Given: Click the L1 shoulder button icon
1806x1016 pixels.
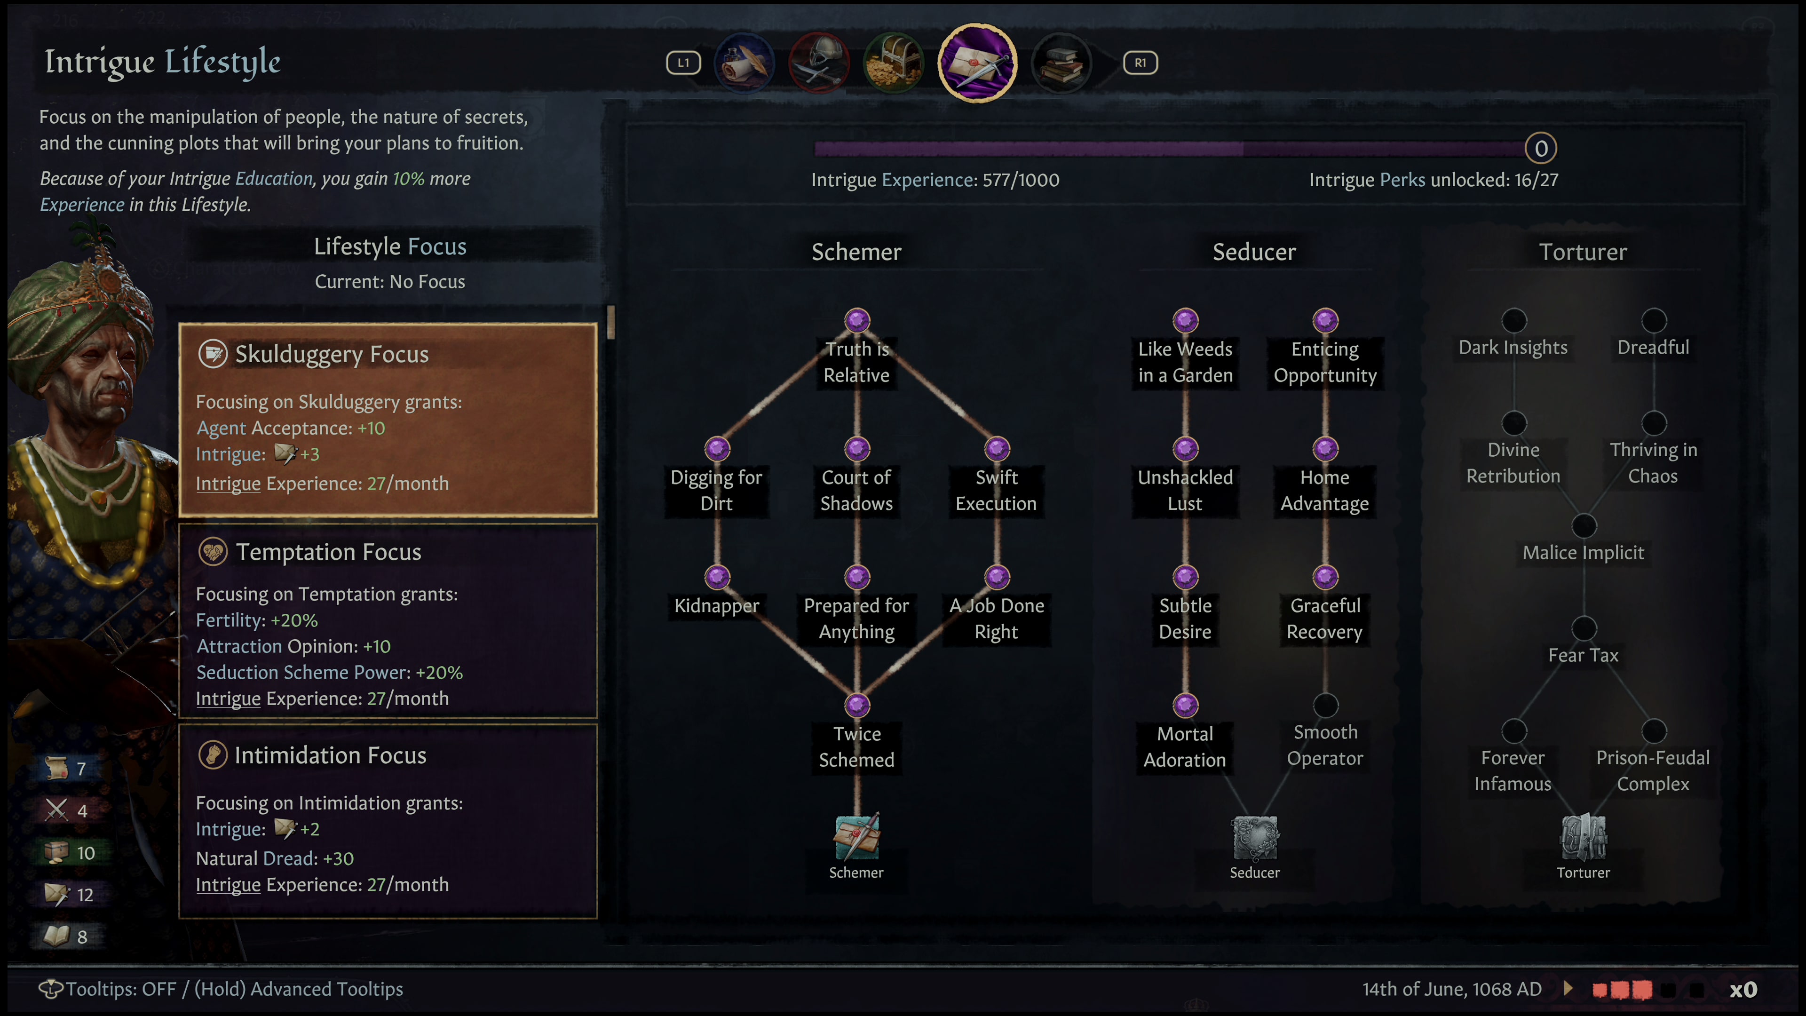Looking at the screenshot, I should [x=683, y=63].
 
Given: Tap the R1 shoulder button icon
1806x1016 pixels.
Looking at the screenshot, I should [x=1140, y=63].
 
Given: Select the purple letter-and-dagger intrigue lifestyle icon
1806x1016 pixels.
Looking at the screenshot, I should [x=977, y=63].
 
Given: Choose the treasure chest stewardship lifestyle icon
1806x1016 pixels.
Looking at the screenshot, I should [x=893, y=63].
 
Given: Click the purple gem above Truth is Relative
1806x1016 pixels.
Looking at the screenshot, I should [x=857, y=320].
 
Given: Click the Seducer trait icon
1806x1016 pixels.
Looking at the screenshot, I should [x=1255, y=837].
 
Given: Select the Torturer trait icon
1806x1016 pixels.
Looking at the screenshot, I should [x=1583, y=837].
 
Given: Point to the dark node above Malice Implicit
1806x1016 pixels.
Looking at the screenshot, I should [x=1584, y=526].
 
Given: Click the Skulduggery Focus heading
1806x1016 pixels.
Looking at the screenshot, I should [x=332, y=354].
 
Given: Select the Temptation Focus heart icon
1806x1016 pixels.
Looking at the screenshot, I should [x=213, y=553].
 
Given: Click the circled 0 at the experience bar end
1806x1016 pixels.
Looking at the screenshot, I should [x=1540, y=149].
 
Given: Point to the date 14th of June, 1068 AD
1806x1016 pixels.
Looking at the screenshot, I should [x=1451, y=989].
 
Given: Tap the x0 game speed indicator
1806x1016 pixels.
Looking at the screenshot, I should [x=1743, y=989].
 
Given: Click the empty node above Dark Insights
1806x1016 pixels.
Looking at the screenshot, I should [x=1513, y=320].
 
